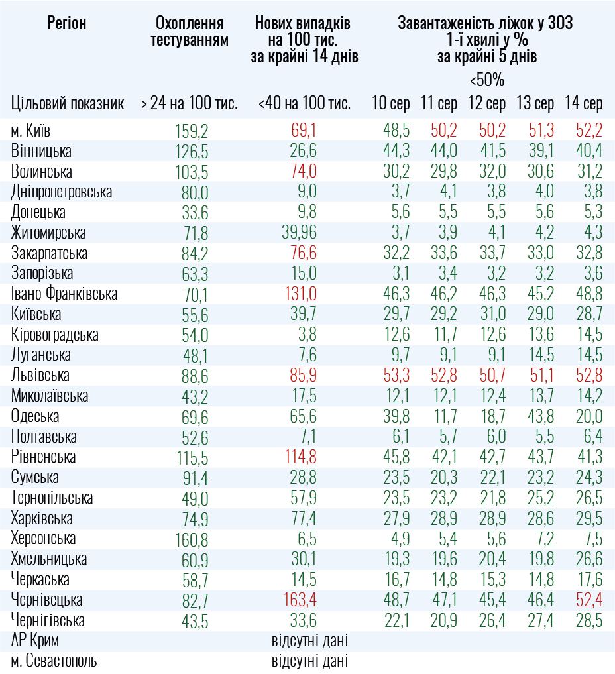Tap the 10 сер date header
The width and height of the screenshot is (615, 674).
point(390,103)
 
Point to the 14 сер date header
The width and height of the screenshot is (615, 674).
point(583,103)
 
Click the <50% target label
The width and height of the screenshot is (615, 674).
point(486,81)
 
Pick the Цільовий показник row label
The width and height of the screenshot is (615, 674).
point(68,103)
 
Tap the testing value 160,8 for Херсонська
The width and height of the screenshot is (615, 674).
point(190,539)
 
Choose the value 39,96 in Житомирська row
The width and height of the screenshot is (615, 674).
point(295,233)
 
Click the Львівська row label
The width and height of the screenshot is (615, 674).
point(40,375)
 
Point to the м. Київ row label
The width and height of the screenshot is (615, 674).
point(31,130)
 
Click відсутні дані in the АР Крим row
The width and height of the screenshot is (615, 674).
point(309,641)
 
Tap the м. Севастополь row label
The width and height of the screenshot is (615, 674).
point(54,661)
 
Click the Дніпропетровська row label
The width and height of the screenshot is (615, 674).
point(62,192)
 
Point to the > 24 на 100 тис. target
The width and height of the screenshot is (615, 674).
point(189,103)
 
